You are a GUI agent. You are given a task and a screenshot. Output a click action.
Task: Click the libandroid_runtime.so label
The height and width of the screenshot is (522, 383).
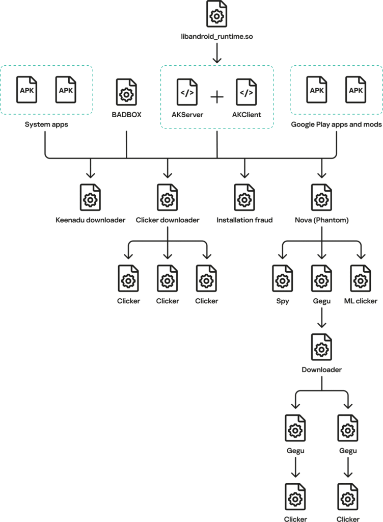coord(217,36)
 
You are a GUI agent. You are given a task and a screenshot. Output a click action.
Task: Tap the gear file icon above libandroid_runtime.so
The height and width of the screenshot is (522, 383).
coord(217,14)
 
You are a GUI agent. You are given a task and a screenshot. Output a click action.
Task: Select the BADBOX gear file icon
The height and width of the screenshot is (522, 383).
coord(126,92)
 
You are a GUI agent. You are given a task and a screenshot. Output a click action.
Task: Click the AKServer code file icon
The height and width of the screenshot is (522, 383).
coord(187,92)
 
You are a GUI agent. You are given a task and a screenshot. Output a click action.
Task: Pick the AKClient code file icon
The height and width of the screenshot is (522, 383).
coord(247,92)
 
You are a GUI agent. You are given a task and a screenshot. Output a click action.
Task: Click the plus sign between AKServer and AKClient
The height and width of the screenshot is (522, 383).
coord(217,96)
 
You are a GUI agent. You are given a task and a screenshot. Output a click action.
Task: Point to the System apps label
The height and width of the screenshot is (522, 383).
coord(46,124)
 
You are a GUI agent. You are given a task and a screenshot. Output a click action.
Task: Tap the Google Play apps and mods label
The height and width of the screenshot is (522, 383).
coord(336,124)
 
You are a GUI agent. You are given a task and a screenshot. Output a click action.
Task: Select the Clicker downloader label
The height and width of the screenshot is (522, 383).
coord(168,220)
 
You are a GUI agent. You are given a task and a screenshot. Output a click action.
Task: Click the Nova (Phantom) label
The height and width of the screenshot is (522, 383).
coord(321,220)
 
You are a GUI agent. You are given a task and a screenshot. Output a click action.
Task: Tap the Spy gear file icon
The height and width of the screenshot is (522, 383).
coord(283,278)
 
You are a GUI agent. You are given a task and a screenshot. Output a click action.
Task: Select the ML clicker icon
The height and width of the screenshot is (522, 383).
coord(361,278)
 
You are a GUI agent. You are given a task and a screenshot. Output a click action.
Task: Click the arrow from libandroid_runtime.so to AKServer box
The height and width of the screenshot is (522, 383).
coord(217,53)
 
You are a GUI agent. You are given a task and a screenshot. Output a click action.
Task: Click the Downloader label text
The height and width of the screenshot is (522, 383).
coord(321,369)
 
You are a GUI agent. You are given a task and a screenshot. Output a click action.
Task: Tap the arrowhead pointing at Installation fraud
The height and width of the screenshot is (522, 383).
coord(244,174)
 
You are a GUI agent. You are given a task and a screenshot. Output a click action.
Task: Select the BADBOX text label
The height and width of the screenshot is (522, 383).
coord(126,115)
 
